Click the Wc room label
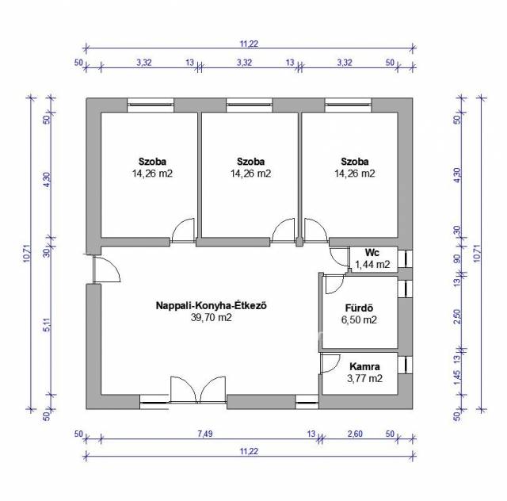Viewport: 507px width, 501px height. [372, 252]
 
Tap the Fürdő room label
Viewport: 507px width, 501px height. [359, 308]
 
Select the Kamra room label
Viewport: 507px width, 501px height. [364, 367]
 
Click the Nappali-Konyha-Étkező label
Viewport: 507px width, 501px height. [212, 305]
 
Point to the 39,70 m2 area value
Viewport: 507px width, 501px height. [212, 318]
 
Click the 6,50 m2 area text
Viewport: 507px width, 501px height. [359, 319]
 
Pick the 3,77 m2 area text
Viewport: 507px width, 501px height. [364, 378]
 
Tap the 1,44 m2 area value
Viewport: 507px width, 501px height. [372, 265]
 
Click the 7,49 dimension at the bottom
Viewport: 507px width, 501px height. [205, 434]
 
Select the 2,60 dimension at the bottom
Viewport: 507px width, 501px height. [355, 434]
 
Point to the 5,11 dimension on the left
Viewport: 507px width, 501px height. [47, 325]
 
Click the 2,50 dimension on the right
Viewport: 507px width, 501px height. [457, 316]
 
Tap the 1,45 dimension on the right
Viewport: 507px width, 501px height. [457, 378]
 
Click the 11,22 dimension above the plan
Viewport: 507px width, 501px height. [249, 44]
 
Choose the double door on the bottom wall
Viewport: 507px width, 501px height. [197, 390]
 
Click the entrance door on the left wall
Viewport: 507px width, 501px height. [106, 269]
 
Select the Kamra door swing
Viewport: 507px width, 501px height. [330, 363]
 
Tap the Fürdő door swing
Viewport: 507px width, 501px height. [335, 284]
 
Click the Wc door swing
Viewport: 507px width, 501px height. [339, 257]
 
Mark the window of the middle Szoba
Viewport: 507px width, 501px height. [249, 105]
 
